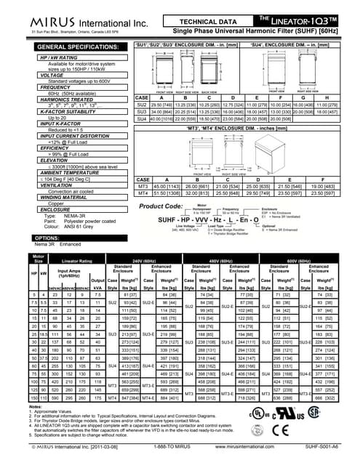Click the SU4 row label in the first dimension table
tap(143, 120)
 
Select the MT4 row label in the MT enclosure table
tap(143, 192)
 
